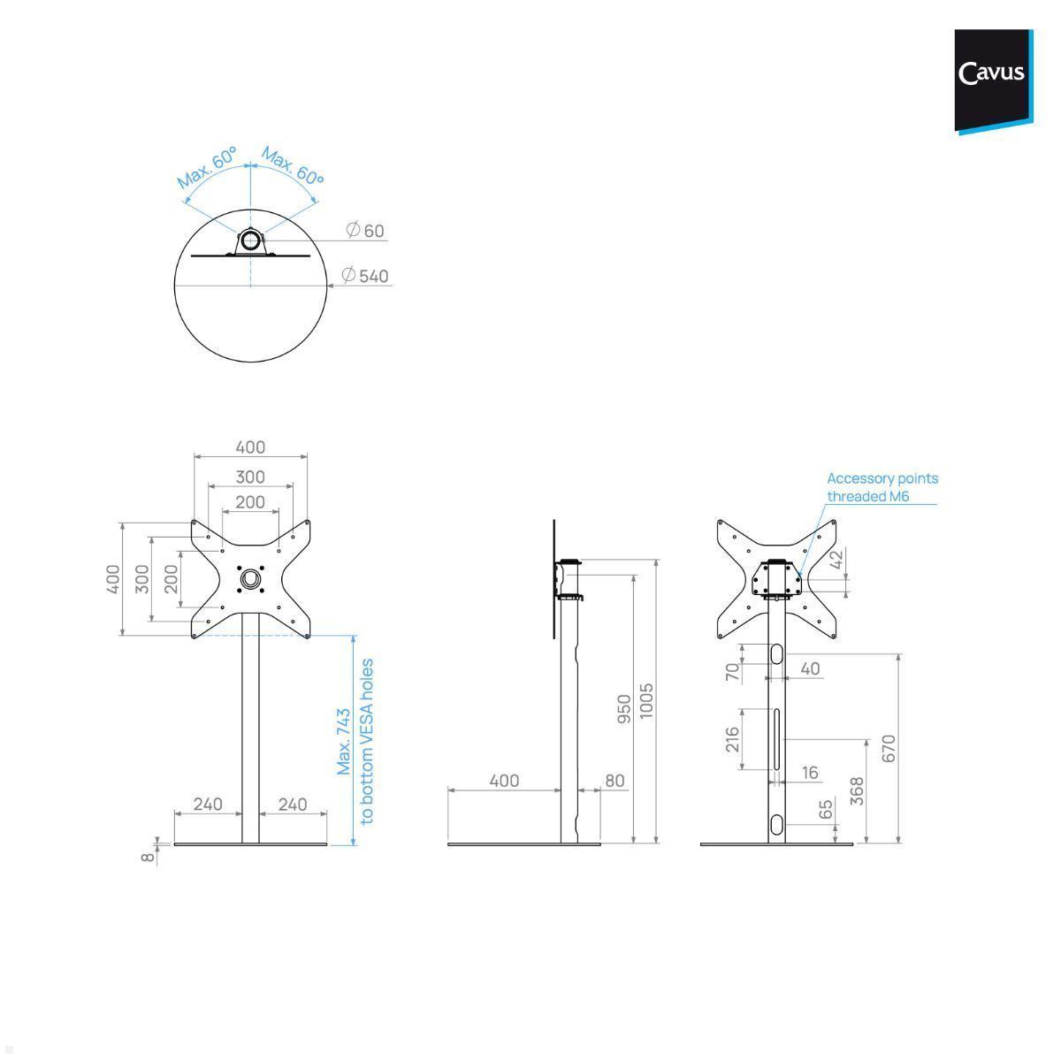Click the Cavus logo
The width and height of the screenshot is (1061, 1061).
(x=993, y=81)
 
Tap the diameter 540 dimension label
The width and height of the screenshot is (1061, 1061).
(x=365, y=275)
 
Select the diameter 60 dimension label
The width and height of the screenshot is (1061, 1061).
(x=365, y=230)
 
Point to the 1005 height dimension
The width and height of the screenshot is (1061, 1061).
(x=645, y=701)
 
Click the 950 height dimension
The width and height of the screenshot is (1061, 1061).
(x=624, y=709)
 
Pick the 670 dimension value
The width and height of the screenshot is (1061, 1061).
(x=889, y=748)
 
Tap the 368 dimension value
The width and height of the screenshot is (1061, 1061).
(x=858, y=791)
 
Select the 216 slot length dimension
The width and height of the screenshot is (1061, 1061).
(x=732, y=739)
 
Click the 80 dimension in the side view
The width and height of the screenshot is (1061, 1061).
(x=614, y=781)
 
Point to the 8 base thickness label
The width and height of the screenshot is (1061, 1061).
(x=148, y=858)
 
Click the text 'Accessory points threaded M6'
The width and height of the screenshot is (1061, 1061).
(x=882, y=487)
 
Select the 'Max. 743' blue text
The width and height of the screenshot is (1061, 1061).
(x=344, y=742)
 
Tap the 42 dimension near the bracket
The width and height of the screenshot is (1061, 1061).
(x=836, y=560)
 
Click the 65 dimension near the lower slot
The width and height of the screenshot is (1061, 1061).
(x=826, y=809)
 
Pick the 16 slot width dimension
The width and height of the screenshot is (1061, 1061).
(x=810, y=773)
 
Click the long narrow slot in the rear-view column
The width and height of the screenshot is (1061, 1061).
(x=776, y=739)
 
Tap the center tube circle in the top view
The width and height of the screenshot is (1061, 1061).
(x=250, y=240)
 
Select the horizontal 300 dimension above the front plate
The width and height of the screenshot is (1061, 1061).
(x=250, y=477)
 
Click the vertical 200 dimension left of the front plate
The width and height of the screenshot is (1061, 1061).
(x=172, y=579)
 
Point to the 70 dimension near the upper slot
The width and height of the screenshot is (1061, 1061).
(x=732, y=672)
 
